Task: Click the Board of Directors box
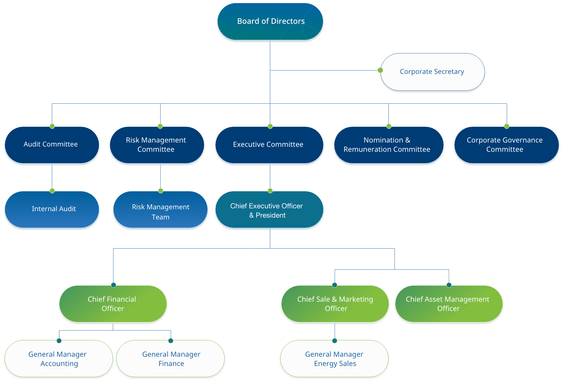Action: coord(270,21)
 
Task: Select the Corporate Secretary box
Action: coord(432,72)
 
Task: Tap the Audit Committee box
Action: coord(51,144)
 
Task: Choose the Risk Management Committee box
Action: coord(156,145)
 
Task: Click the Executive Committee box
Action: coord(269,144)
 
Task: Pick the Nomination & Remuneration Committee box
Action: coord(388,145)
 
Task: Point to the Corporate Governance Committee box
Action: coord(505,145)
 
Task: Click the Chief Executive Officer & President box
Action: coord(269,210)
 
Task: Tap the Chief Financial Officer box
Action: coord(113,304)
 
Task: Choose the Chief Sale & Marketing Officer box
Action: coord(335,304)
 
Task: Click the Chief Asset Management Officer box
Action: coord(448,304)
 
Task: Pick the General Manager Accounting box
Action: coord(58,359)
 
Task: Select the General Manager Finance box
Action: coord(171,359)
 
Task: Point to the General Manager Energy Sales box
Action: coord(334,359)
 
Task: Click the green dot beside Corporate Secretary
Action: coord(380,70)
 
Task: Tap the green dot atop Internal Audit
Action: coord(52,190)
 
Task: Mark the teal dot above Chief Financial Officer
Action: coord(113,285)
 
